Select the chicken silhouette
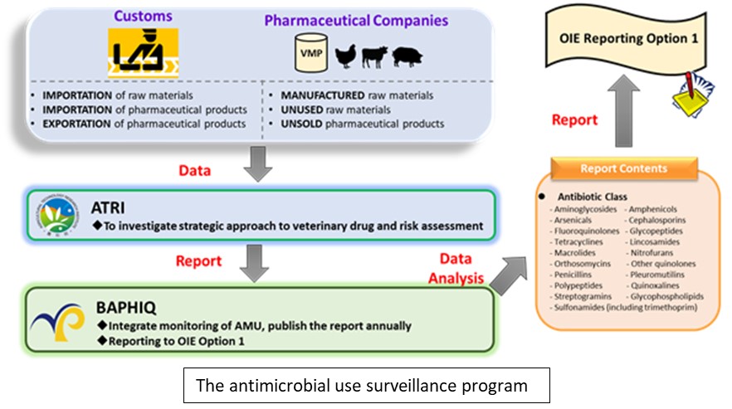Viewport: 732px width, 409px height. click(345, 56)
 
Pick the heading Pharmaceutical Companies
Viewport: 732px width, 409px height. click(358, 21)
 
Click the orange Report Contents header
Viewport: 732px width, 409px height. click(622, 168)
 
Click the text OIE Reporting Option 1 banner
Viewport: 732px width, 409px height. click(623, 38)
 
